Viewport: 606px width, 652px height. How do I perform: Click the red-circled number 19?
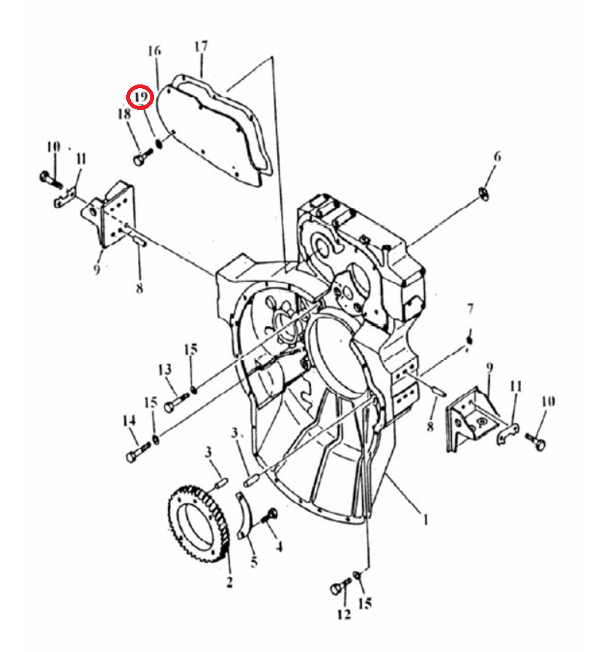(141, 97)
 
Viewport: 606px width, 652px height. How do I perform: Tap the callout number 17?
(200, 46)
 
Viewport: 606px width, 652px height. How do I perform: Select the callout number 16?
(154, 51)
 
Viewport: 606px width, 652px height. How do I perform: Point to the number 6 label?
(497, 156)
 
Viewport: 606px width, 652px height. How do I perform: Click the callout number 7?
(470, 308)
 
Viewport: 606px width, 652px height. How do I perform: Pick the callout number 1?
(425, 520)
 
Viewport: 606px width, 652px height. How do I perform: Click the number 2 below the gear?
(229, 582)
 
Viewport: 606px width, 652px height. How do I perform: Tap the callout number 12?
(344, 614)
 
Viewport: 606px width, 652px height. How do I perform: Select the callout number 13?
(165, 369)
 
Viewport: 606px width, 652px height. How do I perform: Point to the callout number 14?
(129, 420)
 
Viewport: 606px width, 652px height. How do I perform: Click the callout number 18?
(124, 114)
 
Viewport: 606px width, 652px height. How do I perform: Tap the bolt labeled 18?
(143, 157)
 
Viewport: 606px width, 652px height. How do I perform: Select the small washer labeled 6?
(484, 194)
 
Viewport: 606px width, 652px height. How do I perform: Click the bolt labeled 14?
(138, 451)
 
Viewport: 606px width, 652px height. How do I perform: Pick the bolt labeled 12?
(341, 586)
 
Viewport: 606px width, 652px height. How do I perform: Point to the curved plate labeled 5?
(245, 515)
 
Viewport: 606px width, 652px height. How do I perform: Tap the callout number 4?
(279, 547)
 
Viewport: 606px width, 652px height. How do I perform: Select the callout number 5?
(254, 561)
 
